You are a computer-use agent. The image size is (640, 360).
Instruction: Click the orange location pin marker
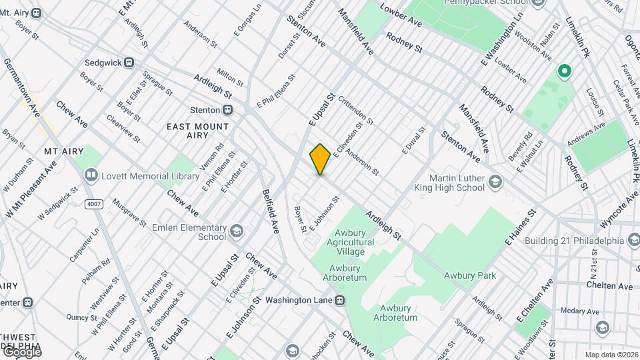(321, 159)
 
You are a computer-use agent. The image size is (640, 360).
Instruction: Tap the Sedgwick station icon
(129, 63)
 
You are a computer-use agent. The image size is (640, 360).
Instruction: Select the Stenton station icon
(228, 109)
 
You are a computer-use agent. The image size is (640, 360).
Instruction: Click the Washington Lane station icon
(340, 300)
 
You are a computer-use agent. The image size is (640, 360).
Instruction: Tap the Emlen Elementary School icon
(235, 232)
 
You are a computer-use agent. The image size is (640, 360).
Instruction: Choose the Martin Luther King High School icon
(495, 181)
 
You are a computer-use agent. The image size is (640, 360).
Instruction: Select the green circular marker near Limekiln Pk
(564, 70)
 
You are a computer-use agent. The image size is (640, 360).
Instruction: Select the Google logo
(21, 352)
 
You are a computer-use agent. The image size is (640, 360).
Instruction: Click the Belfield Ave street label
(271, 211)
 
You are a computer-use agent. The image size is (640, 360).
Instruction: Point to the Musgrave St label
(129, 211)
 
